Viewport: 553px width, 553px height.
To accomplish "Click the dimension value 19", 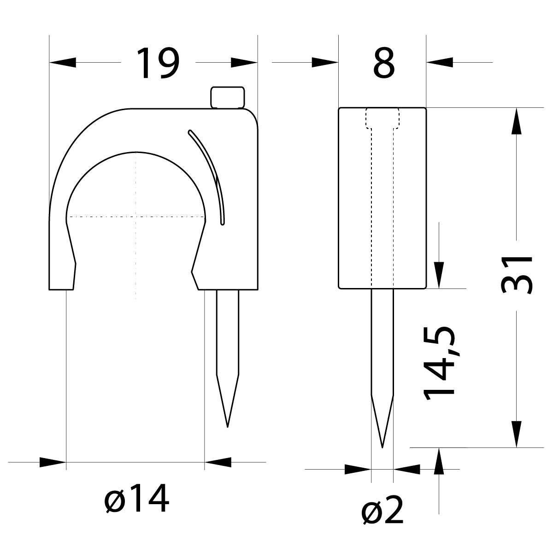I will [x=158, y=63].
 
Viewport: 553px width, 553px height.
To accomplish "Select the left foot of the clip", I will [x=61, y=276].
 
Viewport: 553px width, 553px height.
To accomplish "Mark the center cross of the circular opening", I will [x=136, y=216].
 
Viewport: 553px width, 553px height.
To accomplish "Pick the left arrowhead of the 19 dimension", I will [x=62, y=62].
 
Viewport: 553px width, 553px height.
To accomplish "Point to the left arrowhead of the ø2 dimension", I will [x=359, y=470].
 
